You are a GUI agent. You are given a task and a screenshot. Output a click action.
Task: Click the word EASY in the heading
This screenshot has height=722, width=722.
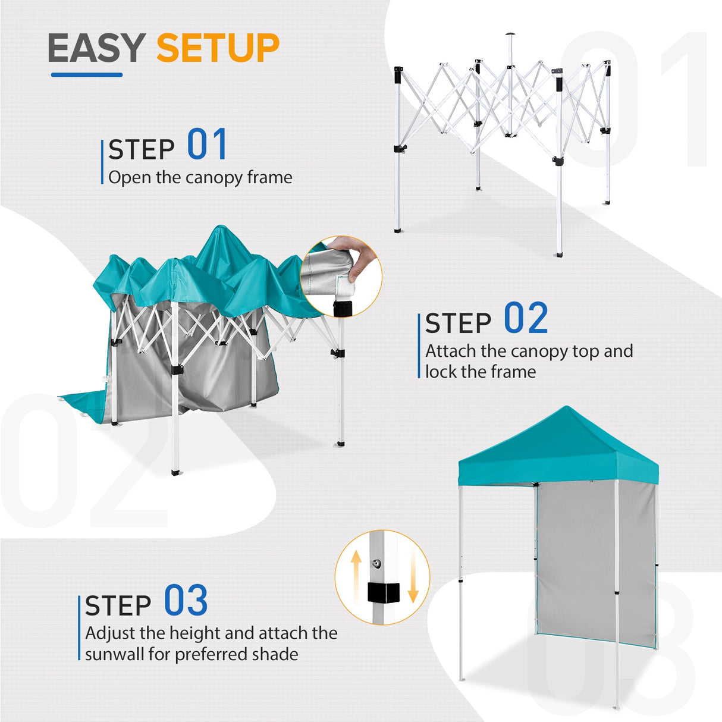96,48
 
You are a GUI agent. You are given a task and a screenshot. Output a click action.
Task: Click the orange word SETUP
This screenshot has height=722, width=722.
218,48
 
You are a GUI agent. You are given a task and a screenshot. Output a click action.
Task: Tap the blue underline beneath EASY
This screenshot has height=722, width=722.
87,75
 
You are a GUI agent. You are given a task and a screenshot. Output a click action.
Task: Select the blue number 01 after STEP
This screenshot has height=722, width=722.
207,145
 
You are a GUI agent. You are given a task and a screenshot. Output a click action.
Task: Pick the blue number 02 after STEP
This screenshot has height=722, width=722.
526,319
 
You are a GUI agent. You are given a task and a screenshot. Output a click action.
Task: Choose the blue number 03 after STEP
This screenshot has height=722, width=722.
186,601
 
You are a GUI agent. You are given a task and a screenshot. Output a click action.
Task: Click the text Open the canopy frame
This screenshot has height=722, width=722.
200,177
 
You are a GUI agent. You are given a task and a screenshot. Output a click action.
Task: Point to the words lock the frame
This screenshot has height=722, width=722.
481,372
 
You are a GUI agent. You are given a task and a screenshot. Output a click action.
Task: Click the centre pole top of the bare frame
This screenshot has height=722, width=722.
510,36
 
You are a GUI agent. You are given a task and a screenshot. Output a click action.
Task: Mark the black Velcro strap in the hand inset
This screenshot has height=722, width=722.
342,309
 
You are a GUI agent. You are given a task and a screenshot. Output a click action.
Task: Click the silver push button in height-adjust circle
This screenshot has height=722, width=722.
376,563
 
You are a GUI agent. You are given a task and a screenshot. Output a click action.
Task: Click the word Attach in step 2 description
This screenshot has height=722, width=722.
451,351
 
